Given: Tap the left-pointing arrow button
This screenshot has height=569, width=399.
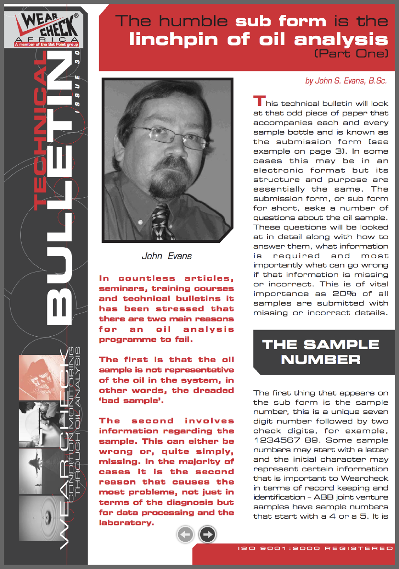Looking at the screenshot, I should [185, 535].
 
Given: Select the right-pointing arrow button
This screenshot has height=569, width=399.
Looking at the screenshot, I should [207, 535].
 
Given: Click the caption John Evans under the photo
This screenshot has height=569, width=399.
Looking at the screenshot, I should [167, 256].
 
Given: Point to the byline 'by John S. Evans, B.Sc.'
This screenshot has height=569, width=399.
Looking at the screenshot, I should [346, 81].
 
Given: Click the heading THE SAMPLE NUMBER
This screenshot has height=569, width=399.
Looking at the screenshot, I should [320, 352].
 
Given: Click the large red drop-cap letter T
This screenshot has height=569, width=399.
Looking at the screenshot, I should [258, 102].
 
